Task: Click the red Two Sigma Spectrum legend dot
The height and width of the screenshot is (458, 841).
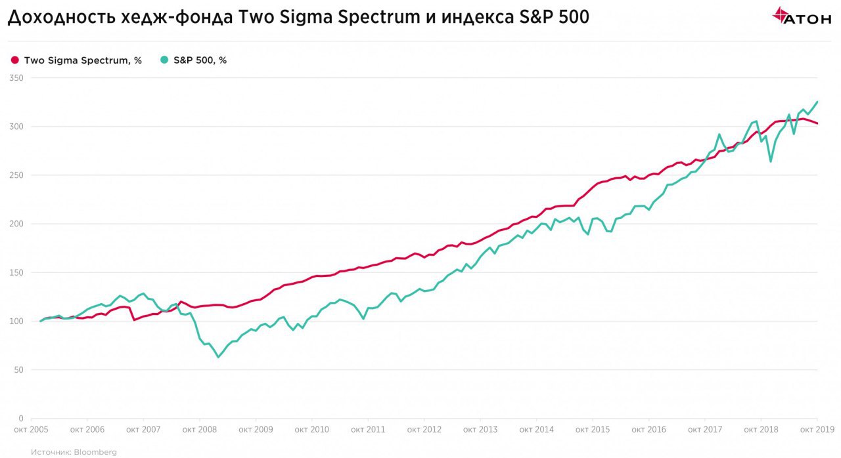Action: (15, 60)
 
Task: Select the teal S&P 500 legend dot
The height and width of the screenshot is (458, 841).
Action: (164, 60)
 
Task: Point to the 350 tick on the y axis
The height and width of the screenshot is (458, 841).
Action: (17, 77)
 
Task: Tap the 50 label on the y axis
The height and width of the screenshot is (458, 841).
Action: (19, 369)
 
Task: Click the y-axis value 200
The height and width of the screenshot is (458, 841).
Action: (17, 224)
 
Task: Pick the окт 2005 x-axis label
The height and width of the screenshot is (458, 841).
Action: (31, 430)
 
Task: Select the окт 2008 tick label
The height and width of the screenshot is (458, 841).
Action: (199, 430)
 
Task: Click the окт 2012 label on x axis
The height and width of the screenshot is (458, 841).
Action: (424, 430)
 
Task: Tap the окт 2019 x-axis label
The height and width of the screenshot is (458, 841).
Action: (817, 430)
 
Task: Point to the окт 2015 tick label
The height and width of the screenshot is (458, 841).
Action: (592, 430)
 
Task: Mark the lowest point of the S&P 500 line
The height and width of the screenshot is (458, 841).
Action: (218, 357)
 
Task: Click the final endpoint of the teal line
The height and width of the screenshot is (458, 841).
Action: (817, 102)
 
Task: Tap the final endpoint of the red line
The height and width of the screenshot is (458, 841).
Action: (817, 123)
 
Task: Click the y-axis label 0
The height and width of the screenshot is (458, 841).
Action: (22, 418)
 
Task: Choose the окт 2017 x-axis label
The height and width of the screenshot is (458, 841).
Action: (704, 430)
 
